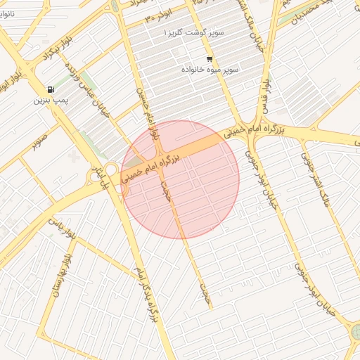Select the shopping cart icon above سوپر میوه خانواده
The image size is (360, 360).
point(210,59)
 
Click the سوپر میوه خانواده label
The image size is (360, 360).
point(210,70)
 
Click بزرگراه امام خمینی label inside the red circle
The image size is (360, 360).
point(151,164)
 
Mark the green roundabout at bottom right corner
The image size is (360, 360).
point(355,332)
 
